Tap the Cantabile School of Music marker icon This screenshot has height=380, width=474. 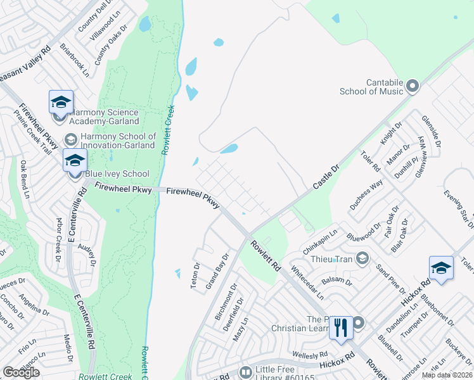(x=413, y=86)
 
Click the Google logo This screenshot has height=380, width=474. (x=21, y=372)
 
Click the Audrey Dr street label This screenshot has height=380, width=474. (x=87, y=252)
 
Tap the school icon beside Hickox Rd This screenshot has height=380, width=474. (x=441, y=267)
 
